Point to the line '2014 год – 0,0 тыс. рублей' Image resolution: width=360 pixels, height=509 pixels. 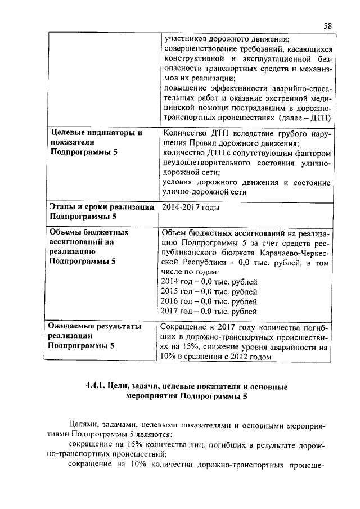(209, 281)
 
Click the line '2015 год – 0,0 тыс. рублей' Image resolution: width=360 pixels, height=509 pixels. (209, 291)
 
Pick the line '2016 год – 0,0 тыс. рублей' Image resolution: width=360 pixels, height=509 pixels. (209, 301)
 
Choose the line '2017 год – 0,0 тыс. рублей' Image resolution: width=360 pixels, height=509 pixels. (209, 311)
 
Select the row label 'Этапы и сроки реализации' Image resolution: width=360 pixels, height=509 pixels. (101, 208)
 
